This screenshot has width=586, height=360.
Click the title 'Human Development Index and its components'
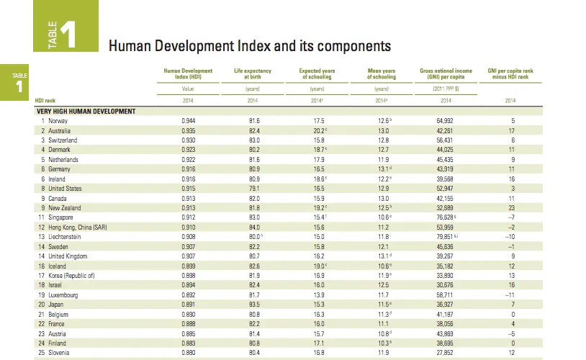click(249, 46)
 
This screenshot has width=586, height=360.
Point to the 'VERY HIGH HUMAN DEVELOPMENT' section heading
click(86, 112)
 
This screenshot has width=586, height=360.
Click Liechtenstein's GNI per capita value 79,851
click(444, 235)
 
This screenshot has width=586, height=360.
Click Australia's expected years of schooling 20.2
click(317, 130)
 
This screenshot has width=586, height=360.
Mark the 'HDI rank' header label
click(46, 100)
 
